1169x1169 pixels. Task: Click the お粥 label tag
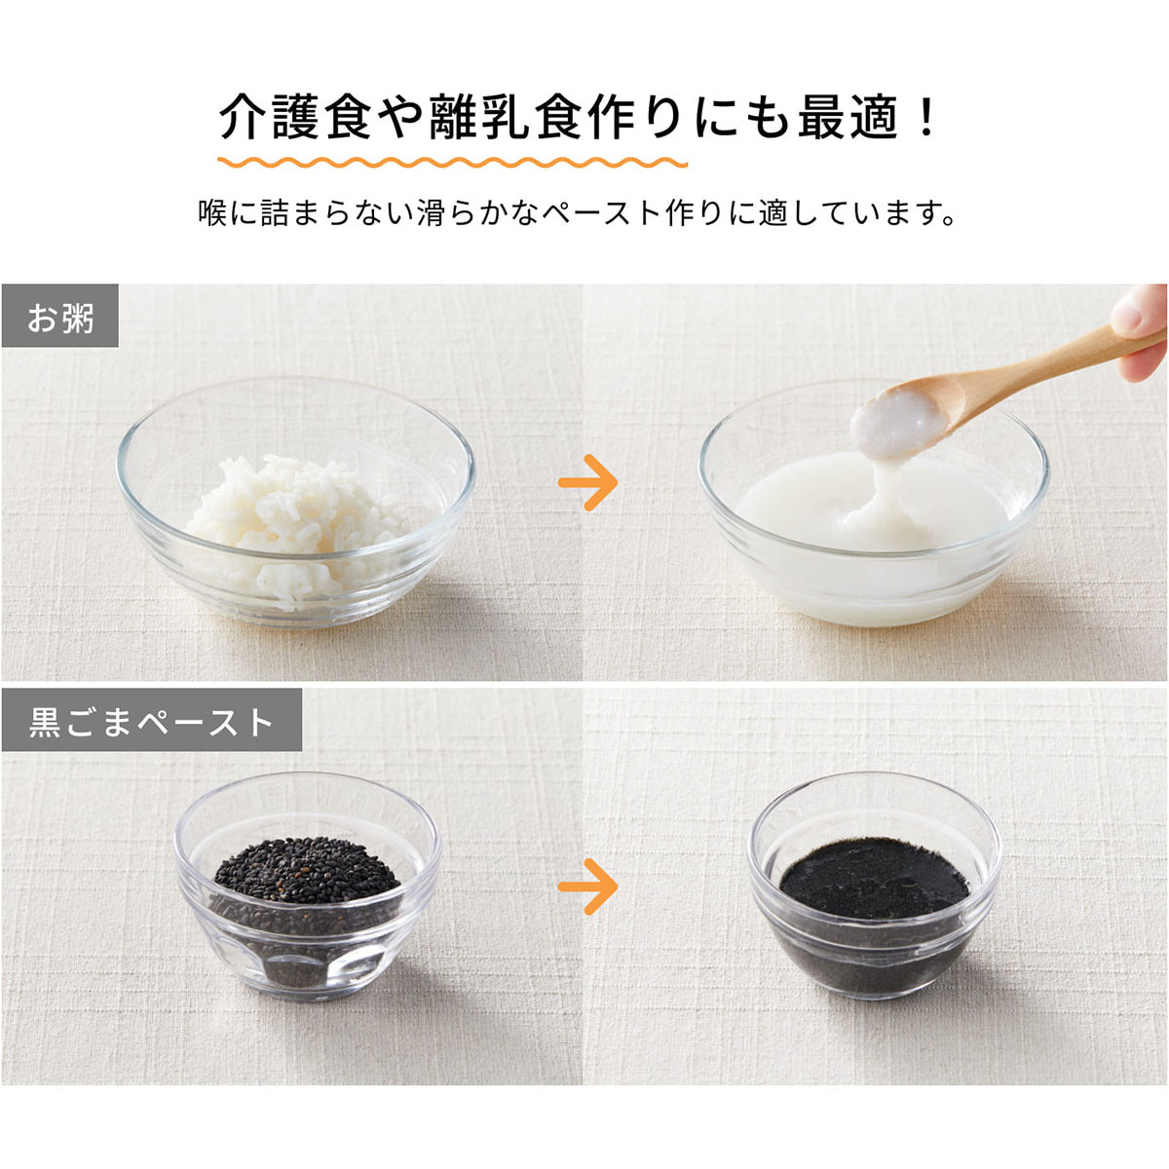tap(60, 316)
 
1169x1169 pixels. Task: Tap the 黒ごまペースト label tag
tap(152, 720)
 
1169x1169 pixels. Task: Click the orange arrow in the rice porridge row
tap(587, 483)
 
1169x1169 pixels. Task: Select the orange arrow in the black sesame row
tap(587, 886)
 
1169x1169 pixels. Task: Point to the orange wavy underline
tap(453, 162)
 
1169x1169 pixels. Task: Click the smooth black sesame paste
tap(874, 880)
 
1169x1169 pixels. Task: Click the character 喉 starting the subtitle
tap(212, 213)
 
